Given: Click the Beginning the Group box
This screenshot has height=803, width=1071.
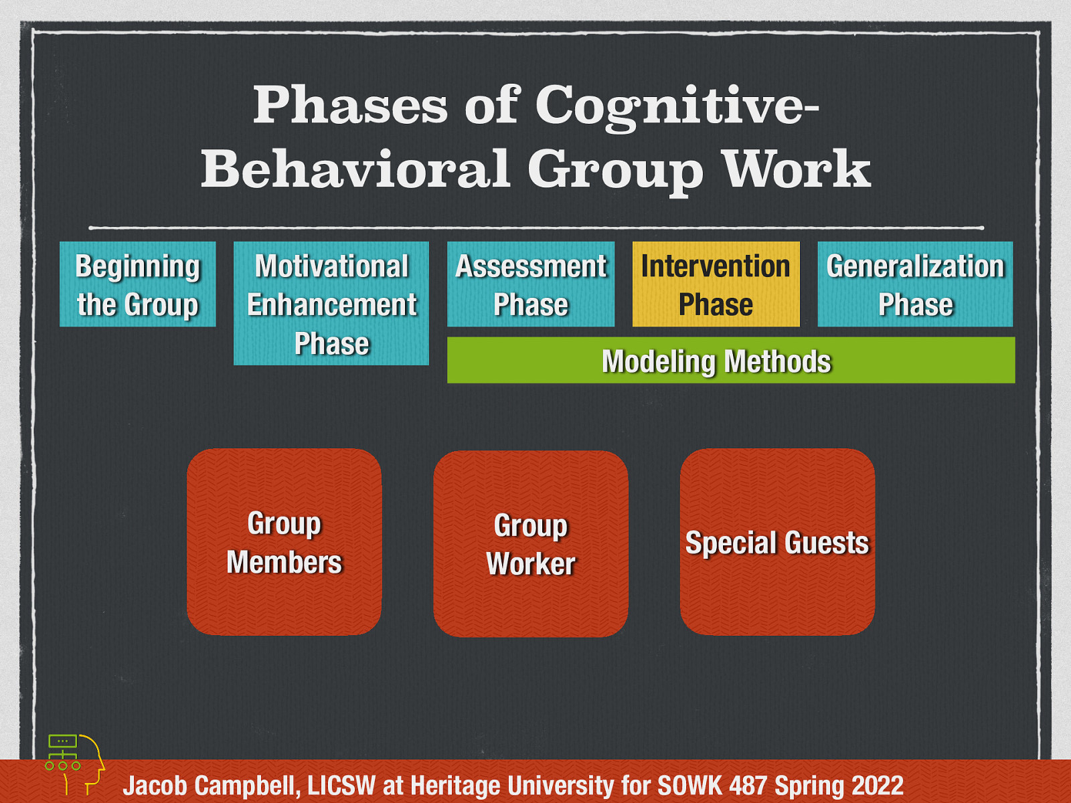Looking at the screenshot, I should pos(137,284).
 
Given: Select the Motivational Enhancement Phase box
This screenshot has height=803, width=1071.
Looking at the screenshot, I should pos(331,303).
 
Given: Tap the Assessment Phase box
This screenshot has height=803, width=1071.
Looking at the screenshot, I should pos(531,284).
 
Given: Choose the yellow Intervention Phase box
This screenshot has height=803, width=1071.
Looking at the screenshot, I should pos(716,284).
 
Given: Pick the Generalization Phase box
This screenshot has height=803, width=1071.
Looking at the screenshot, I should pos(915,284).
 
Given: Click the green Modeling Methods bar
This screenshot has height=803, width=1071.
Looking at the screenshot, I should pos(730,361).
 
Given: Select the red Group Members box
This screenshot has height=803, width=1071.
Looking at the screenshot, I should pos(284,542).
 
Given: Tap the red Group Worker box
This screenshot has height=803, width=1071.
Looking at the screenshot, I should pos(531,543).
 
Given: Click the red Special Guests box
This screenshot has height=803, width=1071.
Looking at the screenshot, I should pos(777,542).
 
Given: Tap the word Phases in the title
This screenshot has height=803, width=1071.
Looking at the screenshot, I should pos(350,106).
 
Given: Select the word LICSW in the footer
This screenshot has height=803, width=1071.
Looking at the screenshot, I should pos(341,786).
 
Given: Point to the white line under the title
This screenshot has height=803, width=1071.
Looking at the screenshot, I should pos(535,228).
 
